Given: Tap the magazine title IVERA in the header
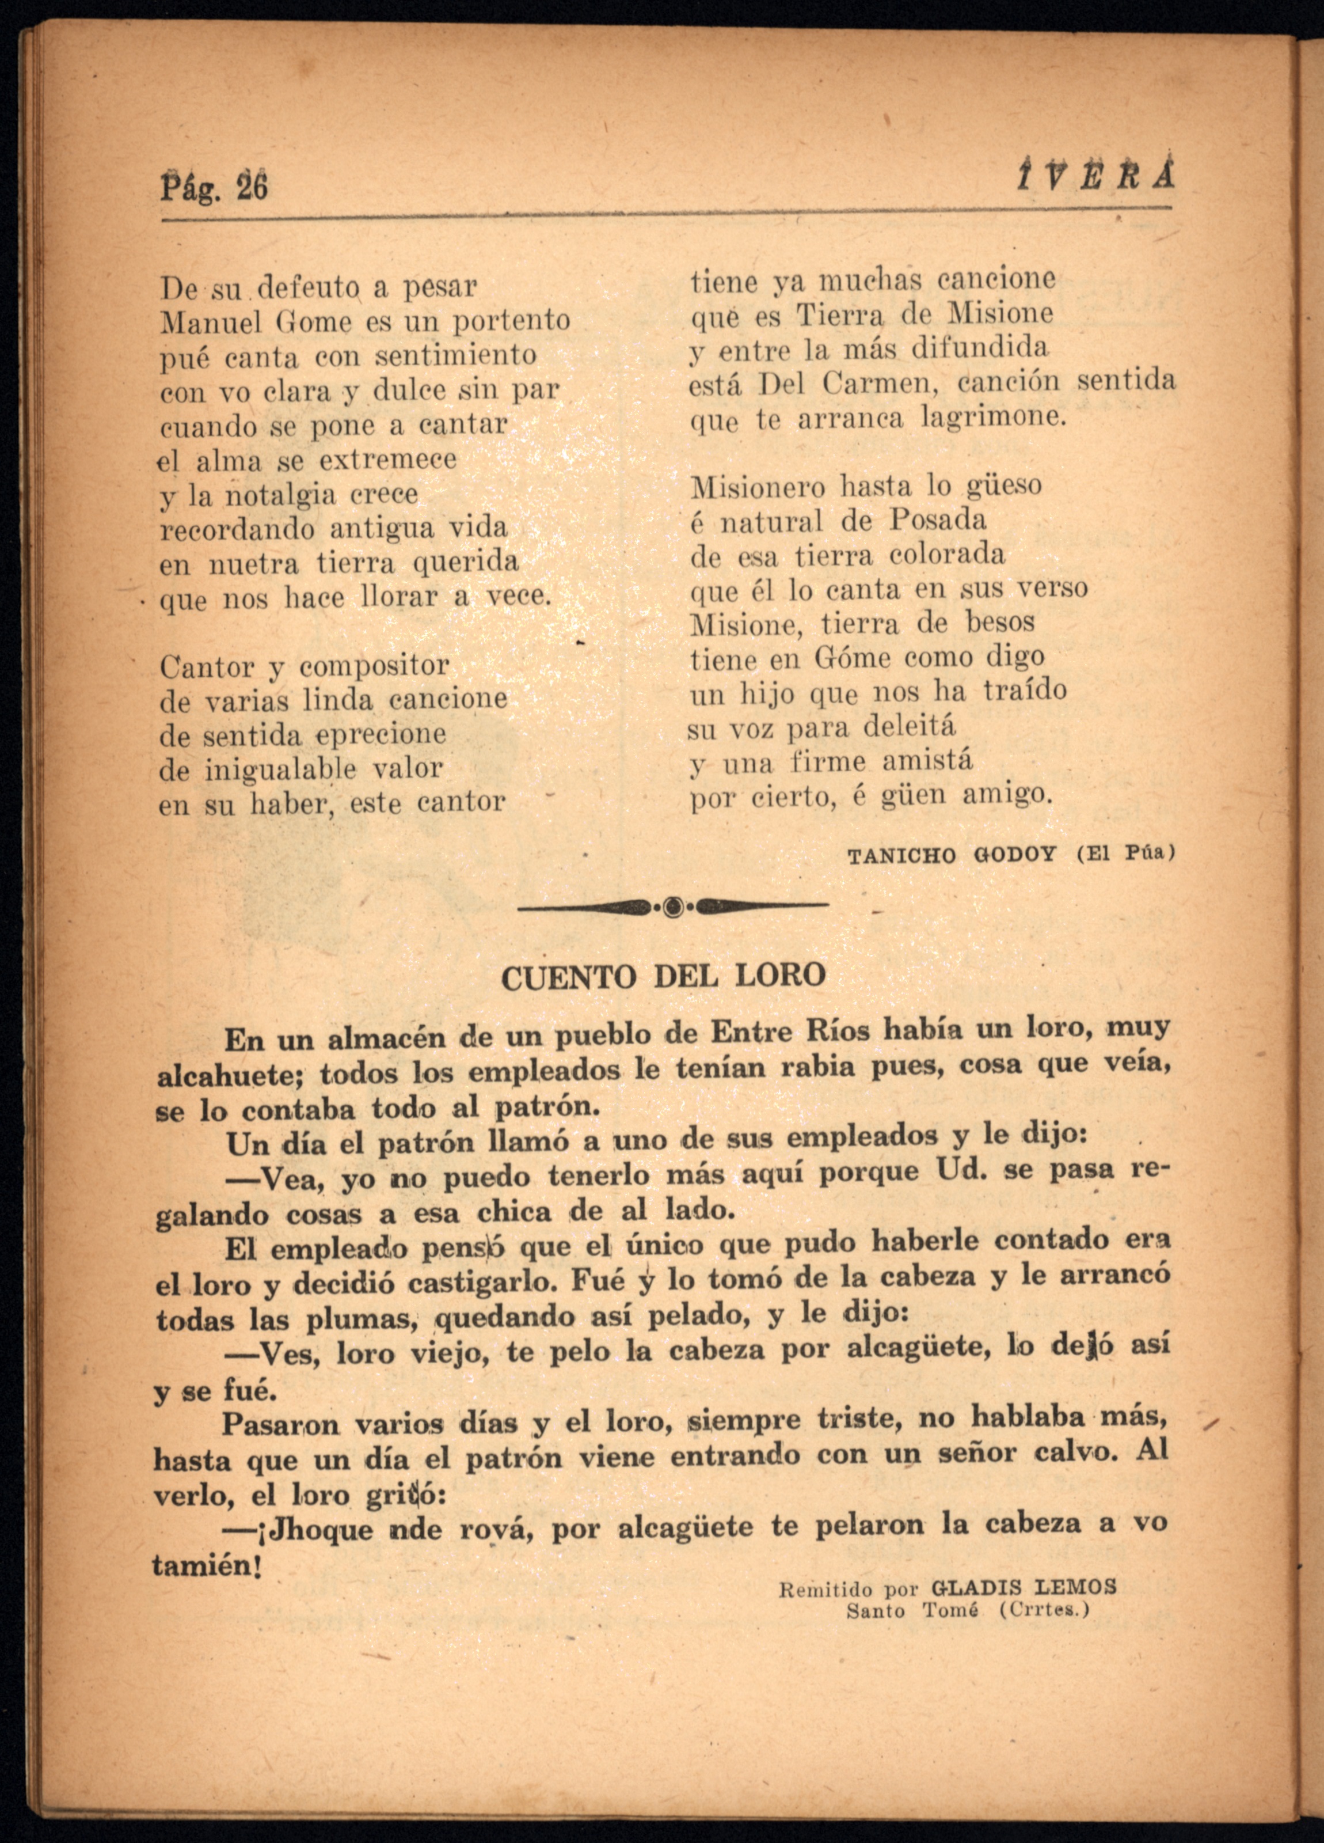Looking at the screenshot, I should [1094, 174].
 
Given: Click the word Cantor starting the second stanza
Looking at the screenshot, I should [208, 667].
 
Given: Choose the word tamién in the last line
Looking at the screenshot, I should [205, 1565].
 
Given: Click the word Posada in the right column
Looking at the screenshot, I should [937, 520].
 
